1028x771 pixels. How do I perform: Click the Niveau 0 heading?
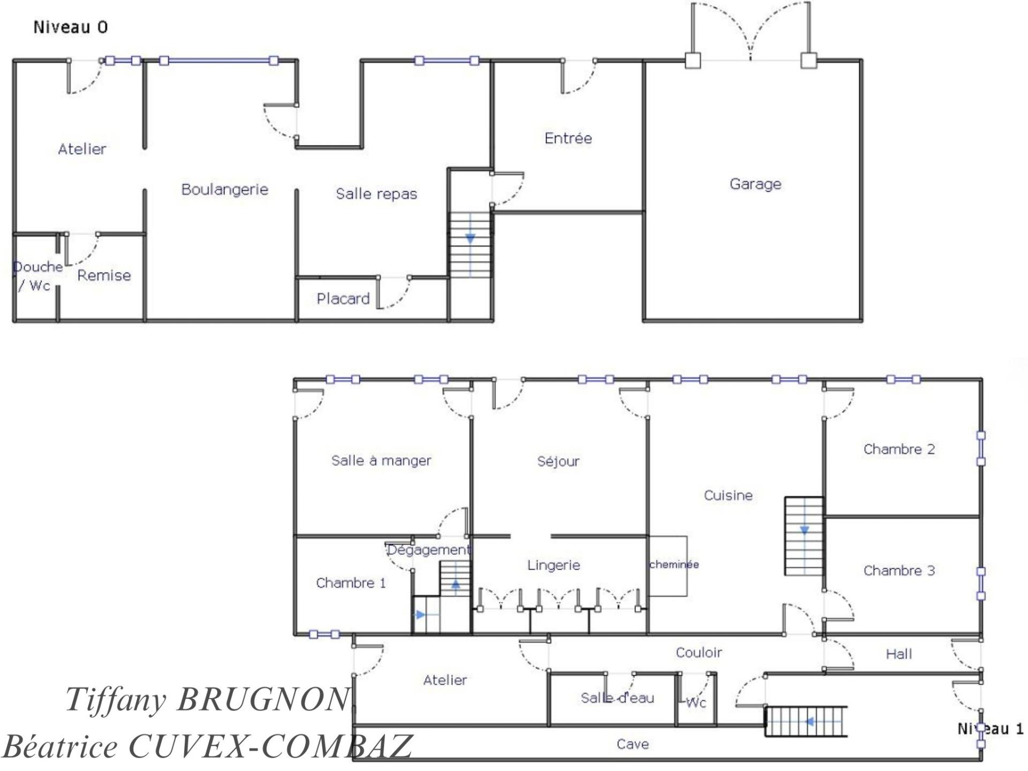pos(71,27)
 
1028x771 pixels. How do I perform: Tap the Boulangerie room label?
pos(225,190)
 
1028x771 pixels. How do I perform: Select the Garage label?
pos(755,184)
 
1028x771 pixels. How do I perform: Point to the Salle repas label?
pos(376,194)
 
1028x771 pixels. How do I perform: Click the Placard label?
pos(343,299)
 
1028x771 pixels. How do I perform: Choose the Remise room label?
pos(104,275)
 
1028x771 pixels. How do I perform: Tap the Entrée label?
pos(568,138)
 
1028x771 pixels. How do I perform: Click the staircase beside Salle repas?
pos(470,245)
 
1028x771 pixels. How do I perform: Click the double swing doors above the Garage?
pos(751,32)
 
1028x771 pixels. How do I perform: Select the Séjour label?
pos(558,461)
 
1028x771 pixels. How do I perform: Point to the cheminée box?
pos(668,566)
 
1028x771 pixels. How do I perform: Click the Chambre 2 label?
pos(899,449)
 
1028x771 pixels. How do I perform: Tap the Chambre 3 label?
pos(899,571)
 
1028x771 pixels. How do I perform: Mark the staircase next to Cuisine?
pos(804,536)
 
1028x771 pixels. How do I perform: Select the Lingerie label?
pos(554,565)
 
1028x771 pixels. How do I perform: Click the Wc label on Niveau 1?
pos(696,703)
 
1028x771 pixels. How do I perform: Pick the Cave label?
pos(633,744)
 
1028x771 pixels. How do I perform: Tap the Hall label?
pos(899,654)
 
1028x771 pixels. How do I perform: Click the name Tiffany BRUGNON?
pos(208,700)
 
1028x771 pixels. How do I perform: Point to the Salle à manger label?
pos(381,460)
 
